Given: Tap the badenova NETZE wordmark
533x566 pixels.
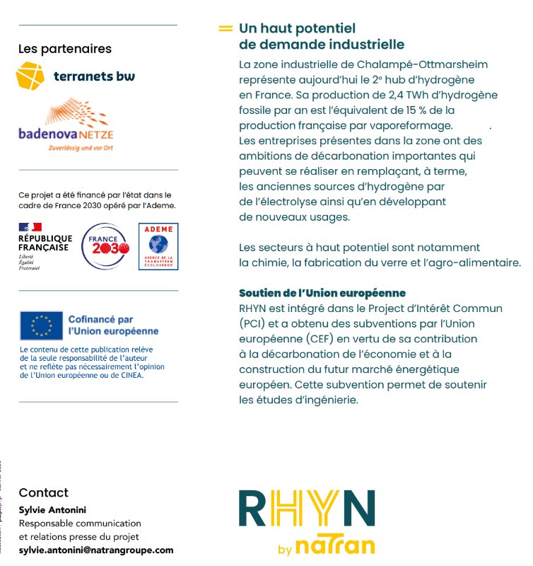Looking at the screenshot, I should [x=66, y=134].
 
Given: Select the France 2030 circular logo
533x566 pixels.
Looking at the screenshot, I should [x=105, y=246].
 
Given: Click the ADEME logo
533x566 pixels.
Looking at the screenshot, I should [x=158, y=246].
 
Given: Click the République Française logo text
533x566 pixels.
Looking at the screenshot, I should [x=45, y=243].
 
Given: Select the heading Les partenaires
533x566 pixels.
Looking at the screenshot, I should [x=65, y=49].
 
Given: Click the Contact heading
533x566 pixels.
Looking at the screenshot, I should [x=44, y=492].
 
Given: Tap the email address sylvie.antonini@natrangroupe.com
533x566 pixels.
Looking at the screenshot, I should [x=96, y=550].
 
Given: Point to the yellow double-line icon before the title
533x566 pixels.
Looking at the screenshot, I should [x=225, y=29].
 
